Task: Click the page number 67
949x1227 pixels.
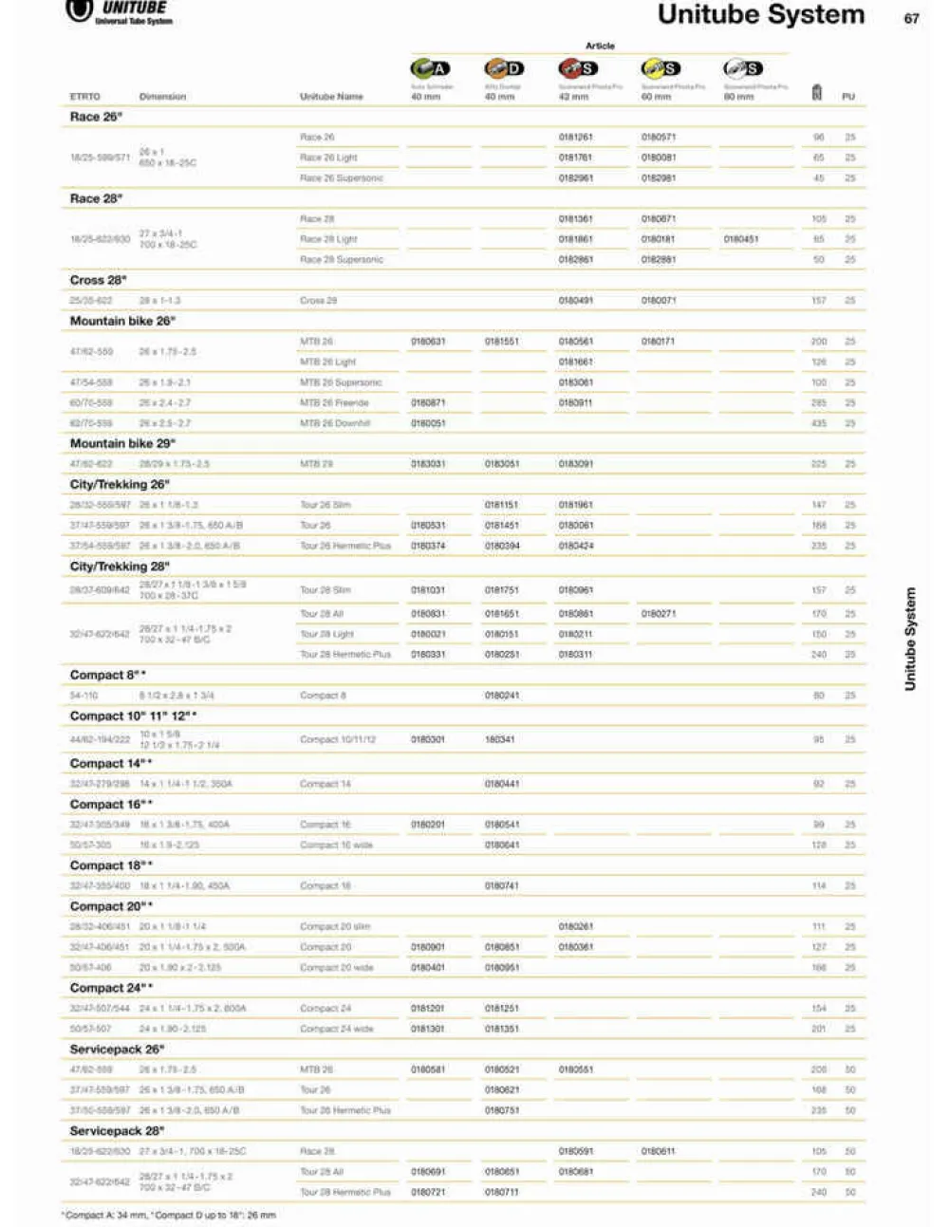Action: point(911,18)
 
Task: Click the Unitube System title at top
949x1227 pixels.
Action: point(760,15)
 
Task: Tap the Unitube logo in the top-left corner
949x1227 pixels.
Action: point(119,11)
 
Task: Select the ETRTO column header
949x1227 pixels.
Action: point(84,97)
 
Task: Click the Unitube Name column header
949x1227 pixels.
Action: point(331,97)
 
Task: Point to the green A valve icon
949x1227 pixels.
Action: point(430,68)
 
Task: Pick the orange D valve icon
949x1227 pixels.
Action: point(504,68)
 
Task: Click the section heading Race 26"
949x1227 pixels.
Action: point(96,117)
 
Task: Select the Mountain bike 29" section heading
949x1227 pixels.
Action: point(122,443)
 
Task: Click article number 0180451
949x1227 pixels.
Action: point(740,239)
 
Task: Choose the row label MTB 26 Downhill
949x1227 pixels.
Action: point(335,423)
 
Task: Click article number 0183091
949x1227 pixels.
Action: point(575,464)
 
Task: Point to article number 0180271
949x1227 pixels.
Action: point(658,614)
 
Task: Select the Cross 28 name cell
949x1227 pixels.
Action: point(318,301)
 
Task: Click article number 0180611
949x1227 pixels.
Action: point(658,1151)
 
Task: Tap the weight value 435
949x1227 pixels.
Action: point(818,423)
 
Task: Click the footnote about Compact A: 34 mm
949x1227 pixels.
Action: point(170,1215)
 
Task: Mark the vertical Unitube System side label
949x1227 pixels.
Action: point(910,639)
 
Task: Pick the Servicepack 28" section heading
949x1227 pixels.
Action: point(117,1130)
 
